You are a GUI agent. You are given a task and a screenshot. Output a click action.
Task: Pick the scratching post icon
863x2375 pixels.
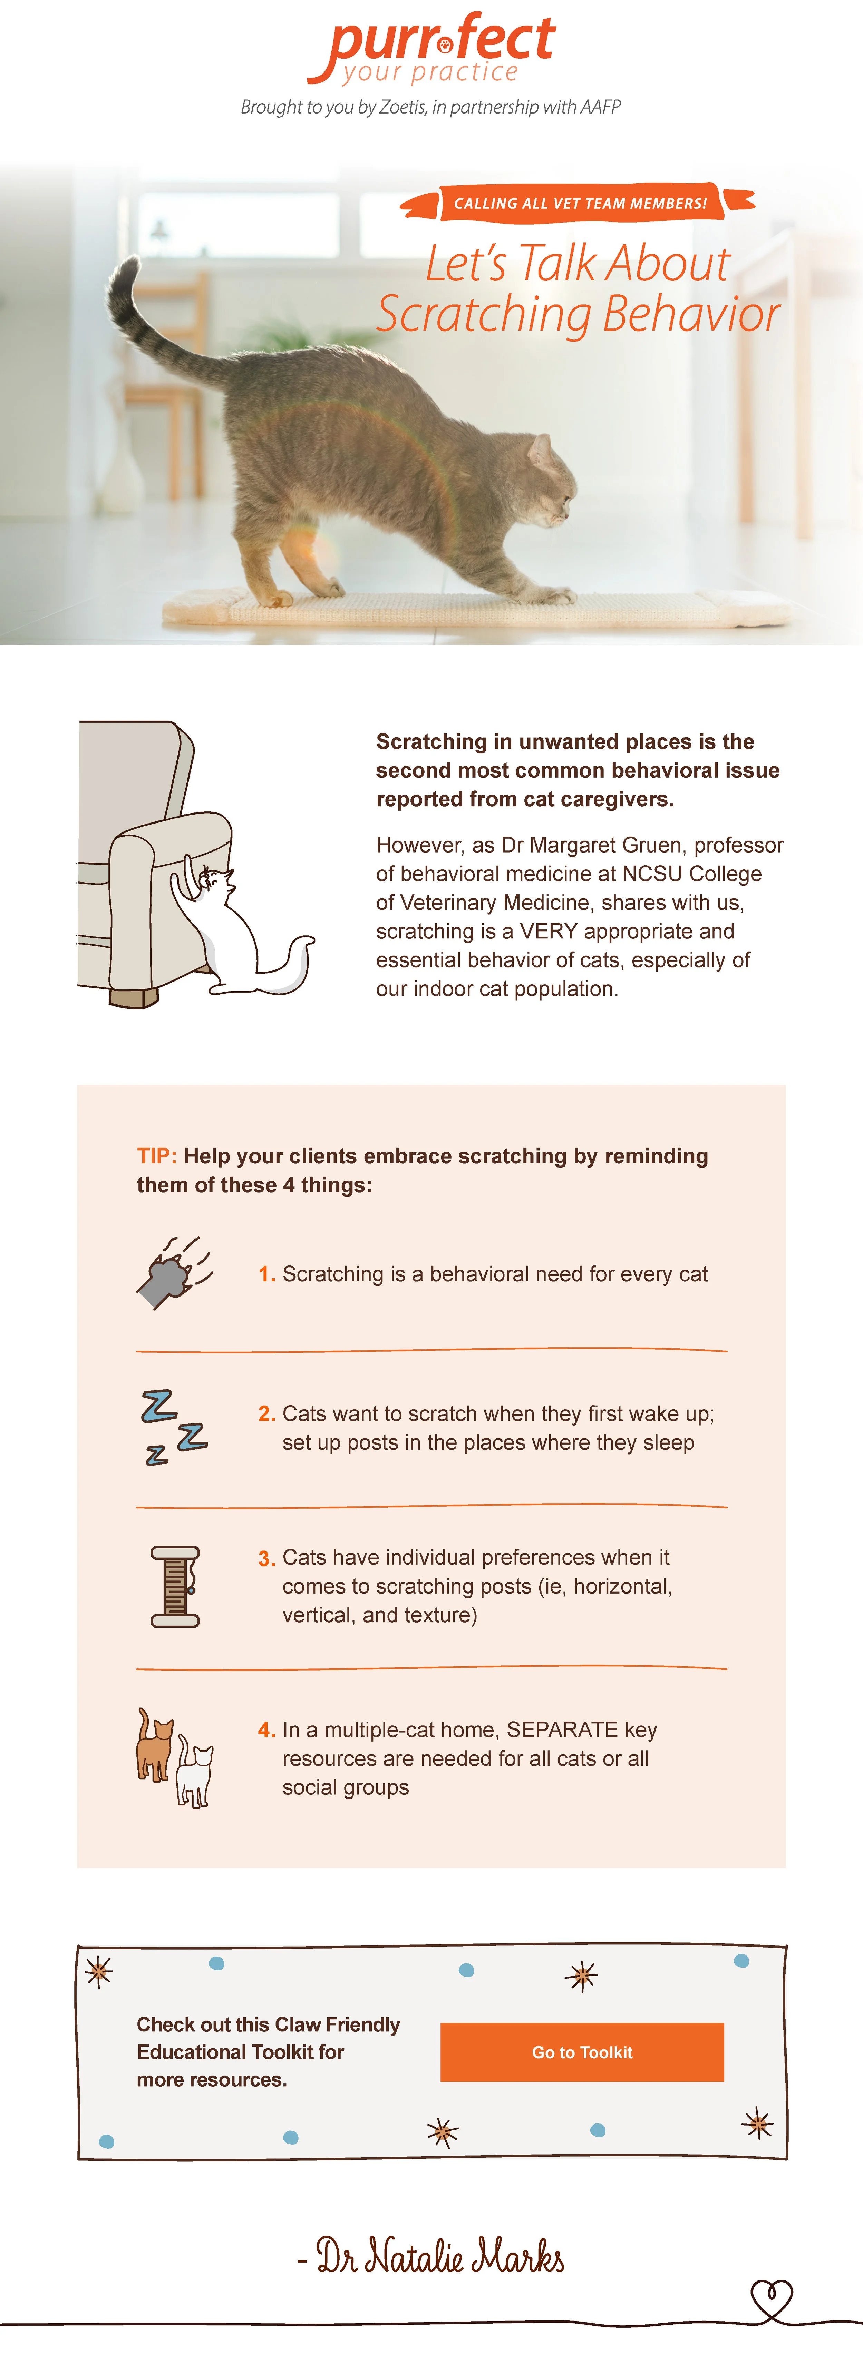(x=175, y=1586)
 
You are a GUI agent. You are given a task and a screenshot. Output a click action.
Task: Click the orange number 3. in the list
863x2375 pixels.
(x=266, y=1558)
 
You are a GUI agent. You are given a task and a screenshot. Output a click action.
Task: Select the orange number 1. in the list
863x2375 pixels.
(x=266, y=1274)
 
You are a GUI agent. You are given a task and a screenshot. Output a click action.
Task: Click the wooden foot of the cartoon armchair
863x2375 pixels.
(x=134, y=997)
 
